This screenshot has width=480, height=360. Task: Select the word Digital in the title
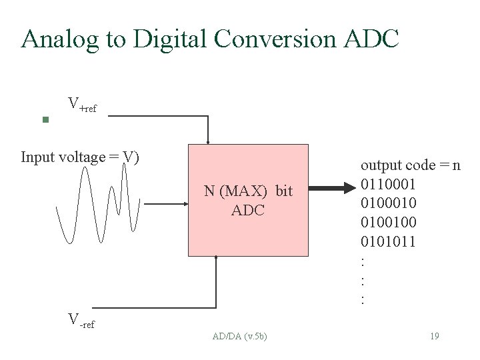click(x=169, y=40)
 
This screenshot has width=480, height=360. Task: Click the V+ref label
click(x=82, y=105)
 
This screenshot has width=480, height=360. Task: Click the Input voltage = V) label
click(x=79, y=157)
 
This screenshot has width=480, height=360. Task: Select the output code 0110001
click(x=388, y=184)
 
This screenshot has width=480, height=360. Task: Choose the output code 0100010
click(x=388, y=203)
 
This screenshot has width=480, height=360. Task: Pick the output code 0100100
click(x=388, y=222)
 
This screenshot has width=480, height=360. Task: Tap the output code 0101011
click(x=388, y=241)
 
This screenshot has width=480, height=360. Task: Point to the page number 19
click(x=434, y=336)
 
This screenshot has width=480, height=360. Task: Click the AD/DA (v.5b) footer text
click(x=239, y=336)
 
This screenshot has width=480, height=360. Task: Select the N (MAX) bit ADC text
click(x=248, y=201)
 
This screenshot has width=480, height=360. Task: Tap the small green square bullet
click(x=45, y=121)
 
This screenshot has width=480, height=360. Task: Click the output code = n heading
click(x=410, y=165)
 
